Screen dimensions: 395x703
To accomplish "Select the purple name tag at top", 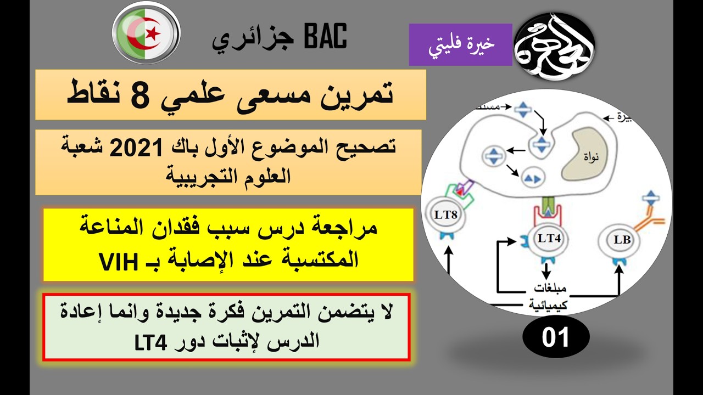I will pyautogui.click(x=460, y=44).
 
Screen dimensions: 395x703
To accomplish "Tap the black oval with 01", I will pyautogui.click(x=556, y=337).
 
